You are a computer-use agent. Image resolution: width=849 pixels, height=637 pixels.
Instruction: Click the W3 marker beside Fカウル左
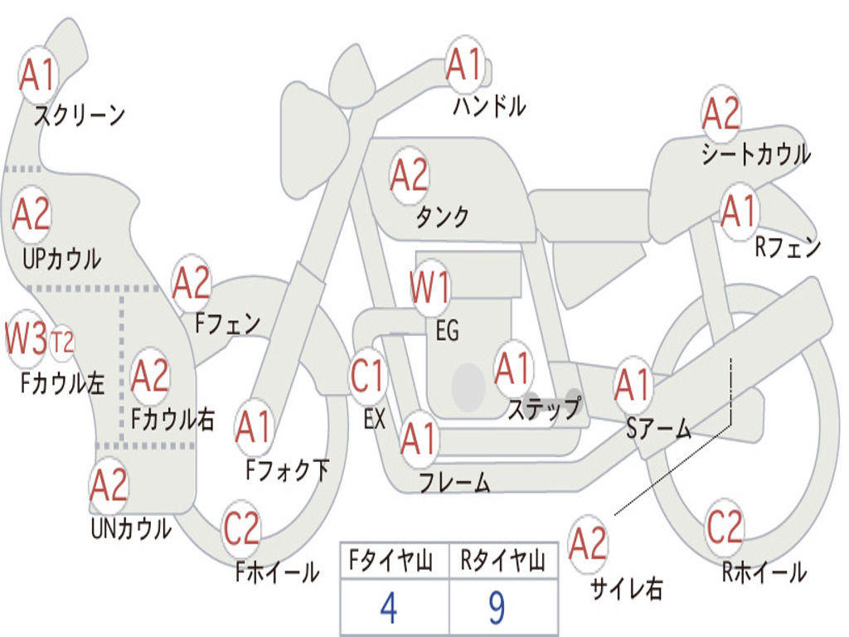[x=26, y=338]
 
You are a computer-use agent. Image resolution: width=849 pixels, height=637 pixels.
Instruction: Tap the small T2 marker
[x=61, y=343]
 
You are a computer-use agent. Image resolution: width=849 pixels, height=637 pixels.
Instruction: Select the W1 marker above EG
[x=430, y=287]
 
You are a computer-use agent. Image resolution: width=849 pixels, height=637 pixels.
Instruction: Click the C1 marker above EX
[x=367, y=376]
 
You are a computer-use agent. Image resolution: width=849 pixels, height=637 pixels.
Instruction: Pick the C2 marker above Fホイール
[x=241, y=528]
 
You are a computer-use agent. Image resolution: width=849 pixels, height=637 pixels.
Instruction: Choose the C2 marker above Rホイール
[x=725, y=527]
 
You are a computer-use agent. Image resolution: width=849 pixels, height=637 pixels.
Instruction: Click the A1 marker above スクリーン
[x=38, y=74]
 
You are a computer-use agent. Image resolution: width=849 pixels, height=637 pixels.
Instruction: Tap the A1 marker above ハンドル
[x=464, y=65]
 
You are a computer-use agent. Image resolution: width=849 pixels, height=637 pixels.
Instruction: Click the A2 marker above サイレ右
[x=588, y=543]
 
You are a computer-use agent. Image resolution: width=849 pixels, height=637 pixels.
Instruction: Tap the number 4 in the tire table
[x=389, y=608]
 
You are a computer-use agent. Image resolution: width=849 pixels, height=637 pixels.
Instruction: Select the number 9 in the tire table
[x=497, y=608]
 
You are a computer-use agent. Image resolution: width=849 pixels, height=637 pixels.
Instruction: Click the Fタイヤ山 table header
[x=391, y=561]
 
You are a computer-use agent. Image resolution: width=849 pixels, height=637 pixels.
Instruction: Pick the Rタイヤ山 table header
[x=502, y=561]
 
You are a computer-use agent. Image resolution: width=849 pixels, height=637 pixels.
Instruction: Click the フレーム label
[x=455, y=482]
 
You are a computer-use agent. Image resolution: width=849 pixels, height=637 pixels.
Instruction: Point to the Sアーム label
[x=659, y=429]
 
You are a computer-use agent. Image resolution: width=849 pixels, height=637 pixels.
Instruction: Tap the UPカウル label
[x=61, y=259]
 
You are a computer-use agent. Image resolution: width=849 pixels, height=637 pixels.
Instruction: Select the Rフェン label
[x=788, y=247]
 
